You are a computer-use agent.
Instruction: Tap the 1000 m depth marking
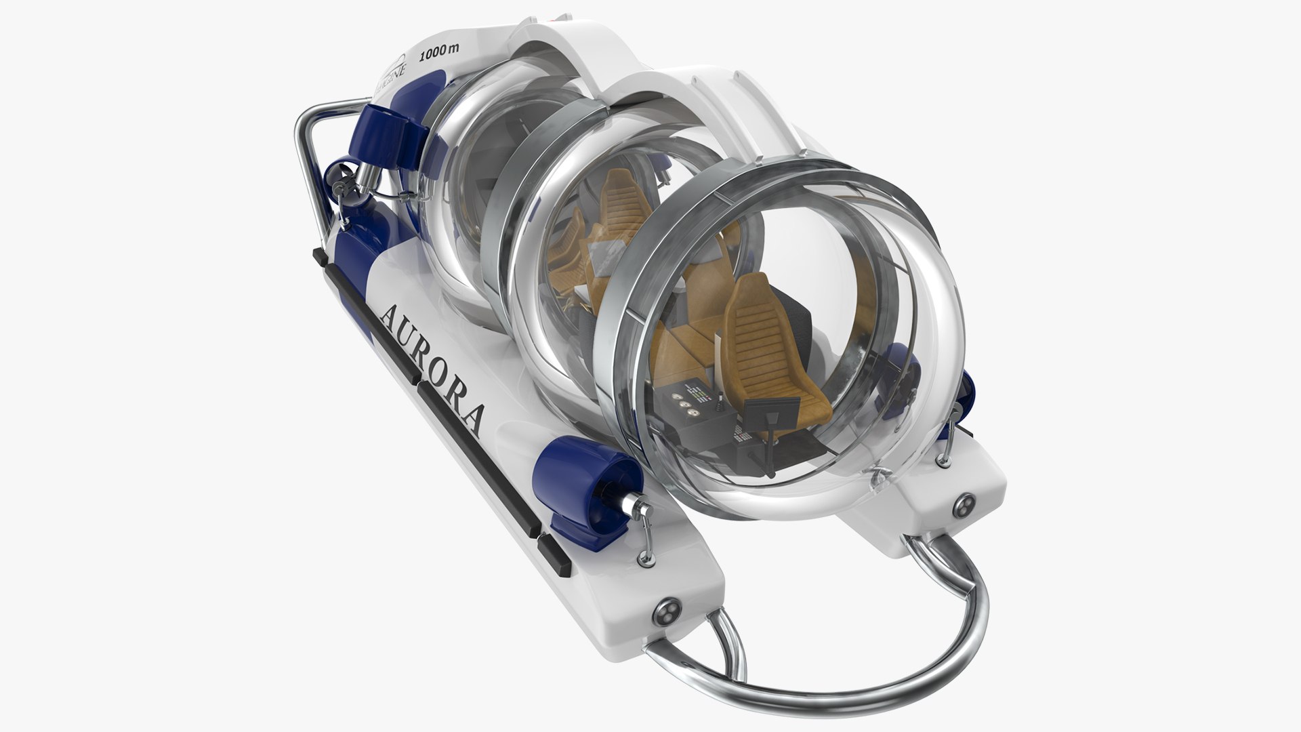point(440,57)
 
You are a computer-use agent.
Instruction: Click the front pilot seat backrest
point(752,325)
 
